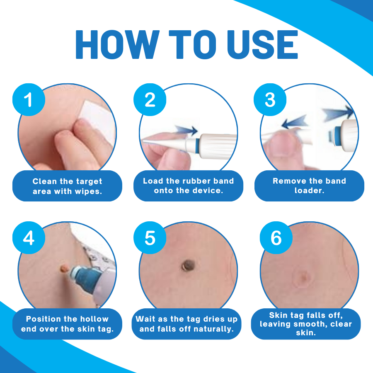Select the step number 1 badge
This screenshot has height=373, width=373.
click(29, 100)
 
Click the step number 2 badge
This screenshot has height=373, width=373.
click(150, 100)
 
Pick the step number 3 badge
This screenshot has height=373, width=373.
click(270, 100)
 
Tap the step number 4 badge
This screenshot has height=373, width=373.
click(29, 237)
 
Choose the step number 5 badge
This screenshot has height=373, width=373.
click(150, 237)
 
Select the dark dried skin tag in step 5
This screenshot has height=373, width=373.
click(189, 265)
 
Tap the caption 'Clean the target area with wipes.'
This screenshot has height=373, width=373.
click(67, 186)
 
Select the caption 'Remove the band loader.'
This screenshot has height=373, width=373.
click(309, 186)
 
